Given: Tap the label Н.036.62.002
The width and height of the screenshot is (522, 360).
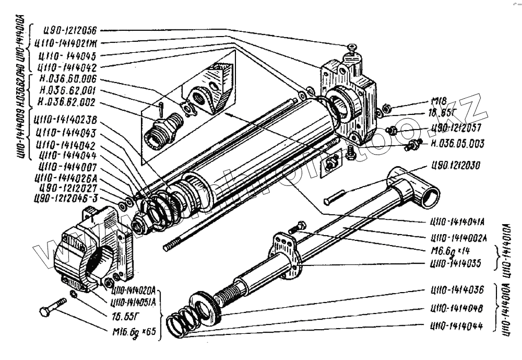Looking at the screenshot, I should (x=67, y=102).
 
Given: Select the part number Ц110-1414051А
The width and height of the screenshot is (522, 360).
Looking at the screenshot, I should (x=137, y=301).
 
